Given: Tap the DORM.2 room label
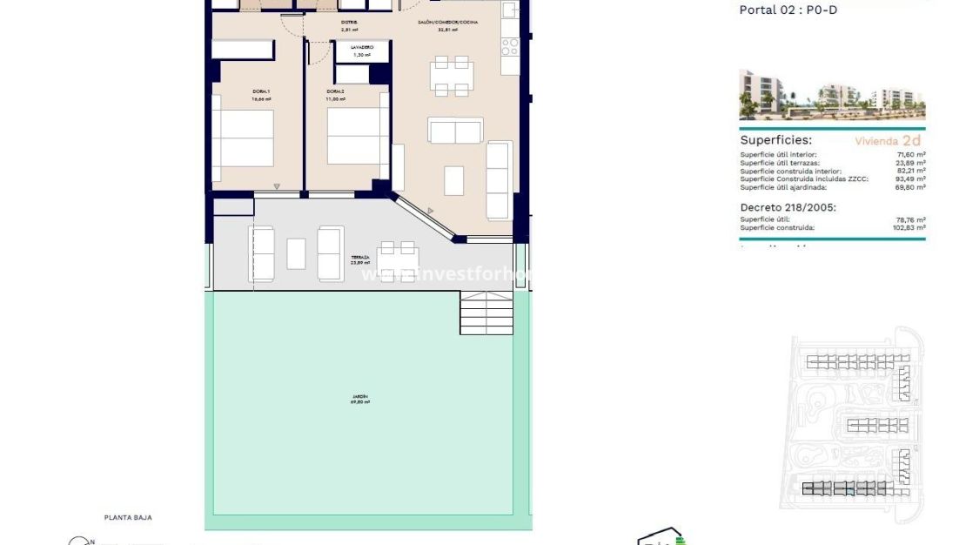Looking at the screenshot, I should click(336, 91).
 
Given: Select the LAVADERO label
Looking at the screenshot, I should click(362, 47).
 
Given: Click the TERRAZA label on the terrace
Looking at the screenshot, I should click(360, 259).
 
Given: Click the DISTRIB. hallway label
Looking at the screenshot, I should click(350, 22).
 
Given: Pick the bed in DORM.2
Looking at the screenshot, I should click(358, 136).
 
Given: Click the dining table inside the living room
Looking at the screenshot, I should click(453, 76).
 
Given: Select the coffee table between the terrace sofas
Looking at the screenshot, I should click(297, 253).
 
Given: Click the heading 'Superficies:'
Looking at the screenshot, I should click(775, 139).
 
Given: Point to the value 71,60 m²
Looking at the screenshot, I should click(912, 155).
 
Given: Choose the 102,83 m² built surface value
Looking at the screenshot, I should click(910, 227).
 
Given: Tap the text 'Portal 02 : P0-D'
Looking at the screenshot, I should click(788, 10).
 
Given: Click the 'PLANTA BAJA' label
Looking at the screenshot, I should click(128, 517).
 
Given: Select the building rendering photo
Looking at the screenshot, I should click(832, 95).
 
